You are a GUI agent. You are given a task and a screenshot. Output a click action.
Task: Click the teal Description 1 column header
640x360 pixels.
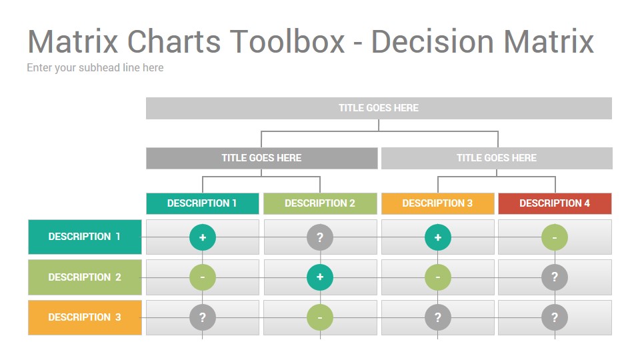tap(203, 203)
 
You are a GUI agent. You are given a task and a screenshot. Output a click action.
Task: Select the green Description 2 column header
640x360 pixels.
tap(320, 203)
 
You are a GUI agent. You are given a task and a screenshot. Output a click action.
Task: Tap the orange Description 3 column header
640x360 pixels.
tap(437, 203)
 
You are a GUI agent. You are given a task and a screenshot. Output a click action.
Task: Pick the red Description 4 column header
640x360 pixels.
tap(555, 203)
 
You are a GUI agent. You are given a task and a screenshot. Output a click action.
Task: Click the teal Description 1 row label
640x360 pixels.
tap(85, 237)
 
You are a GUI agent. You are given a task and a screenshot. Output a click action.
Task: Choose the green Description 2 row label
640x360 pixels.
tap(85, 277)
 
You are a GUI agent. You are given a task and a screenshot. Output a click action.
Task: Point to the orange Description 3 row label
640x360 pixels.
tap(85, 317)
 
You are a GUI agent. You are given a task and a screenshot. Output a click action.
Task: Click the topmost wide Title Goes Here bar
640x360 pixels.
tap(379, 108)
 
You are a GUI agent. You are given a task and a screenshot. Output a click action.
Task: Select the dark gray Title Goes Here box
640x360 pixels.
tap(261, 158)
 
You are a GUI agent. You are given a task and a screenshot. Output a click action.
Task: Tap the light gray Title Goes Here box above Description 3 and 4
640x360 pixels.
tap(497, 158)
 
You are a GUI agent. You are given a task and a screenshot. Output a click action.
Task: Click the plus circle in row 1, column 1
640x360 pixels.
tap(203, 237)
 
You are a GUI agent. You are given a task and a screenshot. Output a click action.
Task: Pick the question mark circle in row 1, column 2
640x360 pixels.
tap(320, 237)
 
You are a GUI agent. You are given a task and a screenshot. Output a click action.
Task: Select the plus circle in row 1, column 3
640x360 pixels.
tap(438, 237)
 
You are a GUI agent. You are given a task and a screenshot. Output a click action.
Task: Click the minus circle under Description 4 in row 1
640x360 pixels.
tap(555, 237)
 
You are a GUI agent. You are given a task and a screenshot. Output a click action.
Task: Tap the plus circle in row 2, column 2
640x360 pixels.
tap(320, 277)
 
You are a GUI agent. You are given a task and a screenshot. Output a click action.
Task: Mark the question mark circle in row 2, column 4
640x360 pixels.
tap(555, 277)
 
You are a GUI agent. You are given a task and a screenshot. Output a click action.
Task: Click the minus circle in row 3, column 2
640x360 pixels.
tap(320, 317)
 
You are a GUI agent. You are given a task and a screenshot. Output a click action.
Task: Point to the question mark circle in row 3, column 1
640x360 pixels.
tap(203, 317)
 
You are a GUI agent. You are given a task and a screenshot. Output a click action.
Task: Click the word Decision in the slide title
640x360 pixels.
tap(432, 41)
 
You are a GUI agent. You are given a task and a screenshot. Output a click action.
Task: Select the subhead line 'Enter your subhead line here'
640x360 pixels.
tap(95, 68)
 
